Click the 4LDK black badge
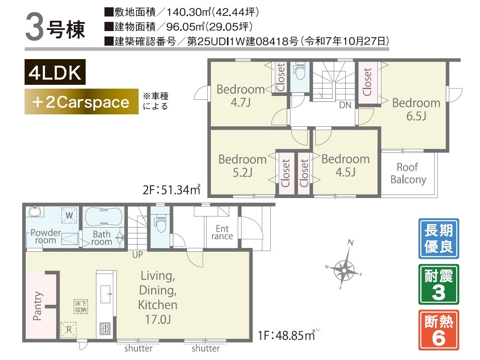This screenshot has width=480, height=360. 55,72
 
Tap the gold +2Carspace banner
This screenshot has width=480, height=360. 81,101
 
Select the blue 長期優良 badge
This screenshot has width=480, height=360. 439,238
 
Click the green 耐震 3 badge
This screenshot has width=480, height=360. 439,284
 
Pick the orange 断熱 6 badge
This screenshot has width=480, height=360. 439,330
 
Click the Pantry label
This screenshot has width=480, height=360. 38,306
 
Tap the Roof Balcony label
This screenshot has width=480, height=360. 408,173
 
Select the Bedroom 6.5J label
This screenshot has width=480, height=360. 416,109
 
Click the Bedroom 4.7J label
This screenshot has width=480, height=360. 241,96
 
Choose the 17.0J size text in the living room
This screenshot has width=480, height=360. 158,319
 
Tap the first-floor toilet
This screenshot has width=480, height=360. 160,223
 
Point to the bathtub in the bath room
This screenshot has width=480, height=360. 103,217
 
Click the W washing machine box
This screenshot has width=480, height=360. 69,215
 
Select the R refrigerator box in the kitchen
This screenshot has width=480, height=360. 68,330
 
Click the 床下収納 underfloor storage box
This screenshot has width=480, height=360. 81,306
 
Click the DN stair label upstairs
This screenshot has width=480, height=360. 345,105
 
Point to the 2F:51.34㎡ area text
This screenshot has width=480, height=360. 171,190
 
